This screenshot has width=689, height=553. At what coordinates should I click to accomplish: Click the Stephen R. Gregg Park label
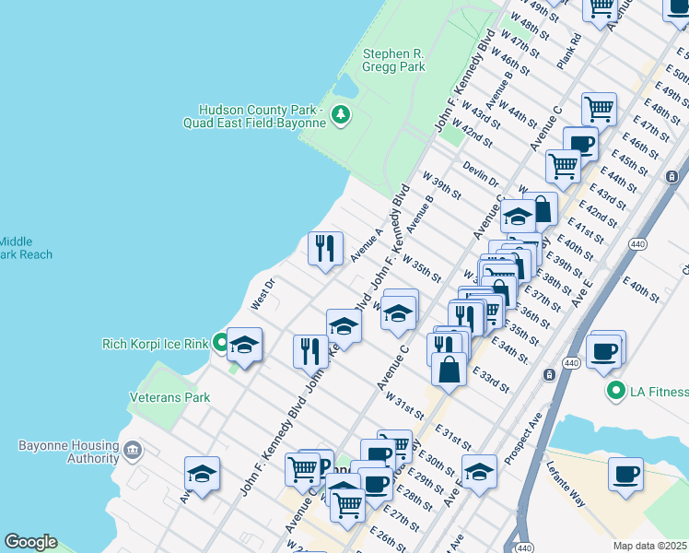(393, 61)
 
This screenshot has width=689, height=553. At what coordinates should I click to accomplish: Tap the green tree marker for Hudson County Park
(341, 114)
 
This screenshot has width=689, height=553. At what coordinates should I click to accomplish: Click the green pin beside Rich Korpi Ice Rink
(221, 344)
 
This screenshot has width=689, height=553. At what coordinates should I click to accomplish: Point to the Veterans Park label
(169, 398)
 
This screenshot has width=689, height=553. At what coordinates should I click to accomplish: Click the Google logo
(30, 542)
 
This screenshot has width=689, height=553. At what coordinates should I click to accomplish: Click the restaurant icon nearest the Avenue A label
(325, 248)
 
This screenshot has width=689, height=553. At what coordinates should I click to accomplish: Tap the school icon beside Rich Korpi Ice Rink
(245, 345)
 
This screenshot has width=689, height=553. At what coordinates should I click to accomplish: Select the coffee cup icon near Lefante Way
(625, 474)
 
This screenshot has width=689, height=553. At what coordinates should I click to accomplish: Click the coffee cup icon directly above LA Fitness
(604, 351)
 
